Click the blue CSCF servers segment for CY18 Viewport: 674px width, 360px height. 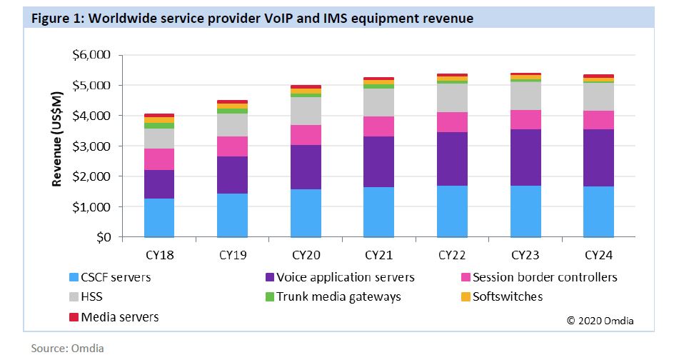pyautogui.click(x=159, y=217)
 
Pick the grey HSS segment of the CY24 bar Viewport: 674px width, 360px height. pyautogui.click(x=599, y=96)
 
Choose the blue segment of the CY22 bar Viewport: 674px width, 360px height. pyautogui.click(x=453, y=211)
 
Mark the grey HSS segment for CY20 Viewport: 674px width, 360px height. pyautogui.click(x=306, y=111)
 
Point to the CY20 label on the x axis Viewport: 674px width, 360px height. pyautogui.click(x=306, y=254)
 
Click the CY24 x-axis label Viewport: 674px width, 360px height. pyautogui.click(x=599, y=254)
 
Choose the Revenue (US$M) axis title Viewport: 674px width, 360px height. pyautogui.click(x=57, y=144)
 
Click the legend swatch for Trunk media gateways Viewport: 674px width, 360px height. pyautogui.click(x=268, y=296)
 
